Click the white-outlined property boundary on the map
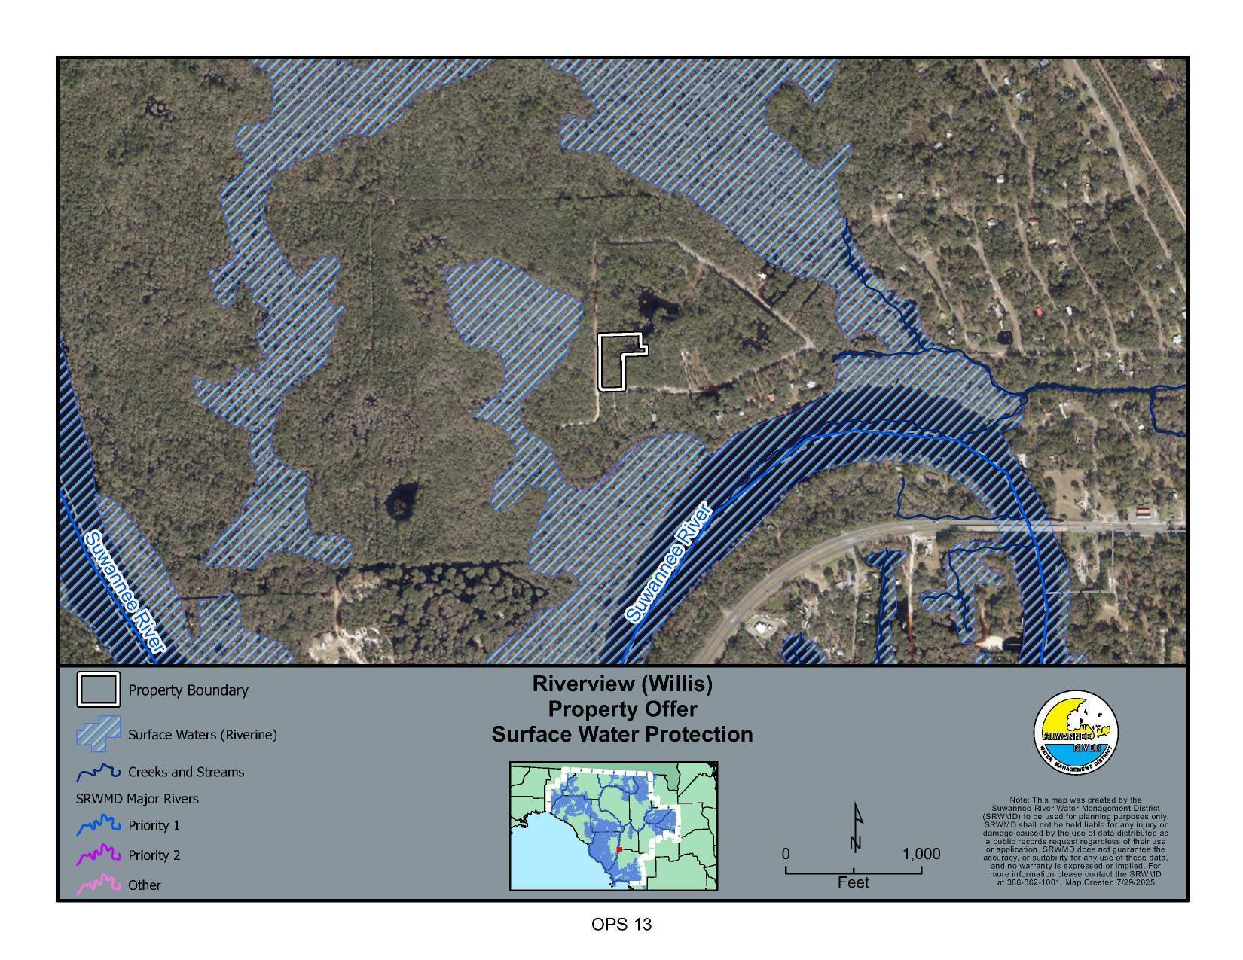tap(612, 363)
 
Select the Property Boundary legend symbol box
tap(98, 690)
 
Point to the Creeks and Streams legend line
tap(98, 773)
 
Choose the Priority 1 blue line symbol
tap(98, 825)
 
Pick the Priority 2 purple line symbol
tap(98, 855)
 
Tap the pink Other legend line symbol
tap(98, 885)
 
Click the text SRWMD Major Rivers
tap(137, 798)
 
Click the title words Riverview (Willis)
tap(622, 684)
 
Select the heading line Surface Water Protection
tap(622, 734)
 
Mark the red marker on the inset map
tap(619, 849)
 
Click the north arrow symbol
tap(856, 828)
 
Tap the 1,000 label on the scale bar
tap(921, 854)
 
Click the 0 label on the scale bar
tap(786, 854)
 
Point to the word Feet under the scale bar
tap(853, 882)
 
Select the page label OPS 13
tap(621, 924)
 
